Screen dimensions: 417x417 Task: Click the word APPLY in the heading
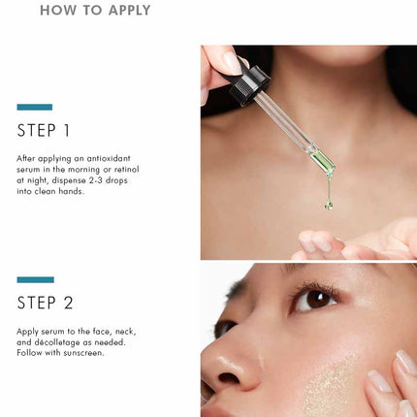point(129,10)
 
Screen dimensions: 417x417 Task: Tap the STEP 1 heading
point(44,131)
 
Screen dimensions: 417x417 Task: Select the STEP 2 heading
point(45,303)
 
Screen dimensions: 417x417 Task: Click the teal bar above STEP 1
point(35,107)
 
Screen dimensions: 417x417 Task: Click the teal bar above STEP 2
point(36,279)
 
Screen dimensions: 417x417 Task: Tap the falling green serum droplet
point(329,205)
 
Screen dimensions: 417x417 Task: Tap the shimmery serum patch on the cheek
point(332,386)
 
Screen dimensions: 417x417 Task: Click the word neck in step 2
point(125,332)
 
